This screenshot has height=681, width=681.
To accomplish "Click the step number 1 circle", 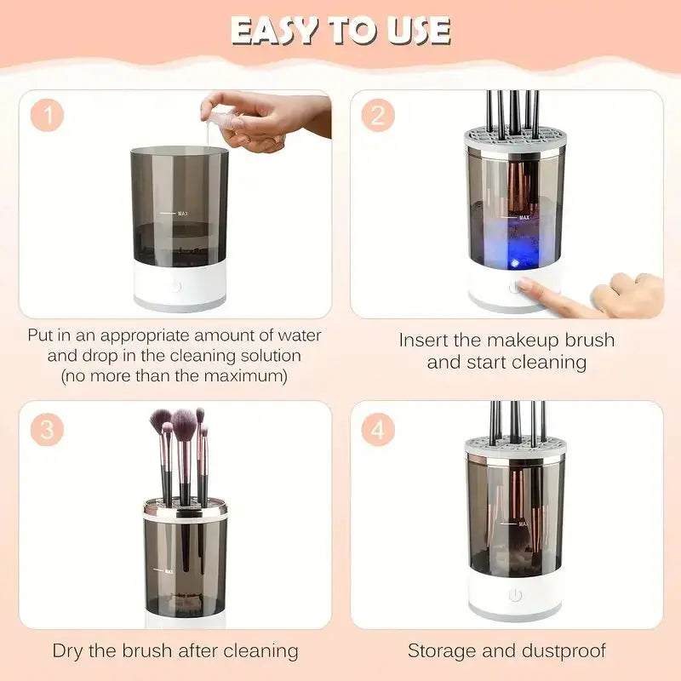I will [49, 117].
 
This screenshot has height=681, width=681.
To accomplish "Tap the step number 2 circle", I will [377, 116].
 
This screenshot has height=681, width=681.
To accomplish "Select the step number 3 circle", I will [48, 429].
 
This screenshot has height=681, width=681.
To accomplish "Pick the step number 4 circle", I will [377, 429].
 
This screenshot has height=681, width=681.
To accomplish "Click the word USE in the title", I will [418, 31].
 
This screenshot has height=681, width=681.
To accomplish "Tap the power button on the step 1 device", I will [176, 286].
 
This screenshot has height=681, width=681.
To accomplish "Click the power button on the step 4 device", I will [515, 595].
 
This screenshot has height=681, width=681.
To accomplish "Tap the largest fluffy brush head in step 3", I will [183, 421].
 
